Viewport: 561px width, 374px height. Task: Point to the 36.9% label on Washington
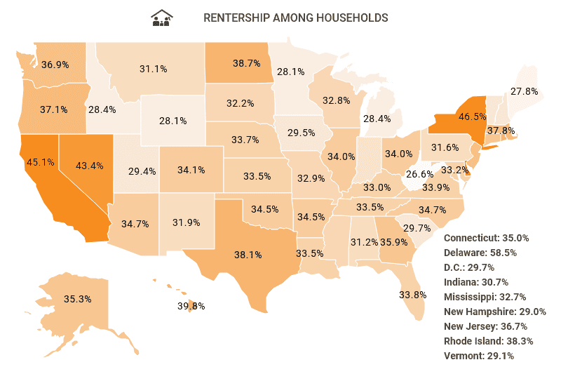[55, 65]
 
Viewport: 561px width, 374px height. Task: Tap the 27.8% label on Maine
[524, 92]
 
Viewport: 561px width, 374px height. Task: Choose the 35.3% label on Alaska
[78, 299]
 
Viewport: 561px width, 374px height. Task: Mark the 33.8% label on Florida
[413, 294]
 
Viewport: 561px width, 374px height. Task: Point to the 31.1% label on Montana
[153, 69]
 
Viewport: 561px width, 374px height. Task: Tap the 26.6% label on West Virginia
[419, 173]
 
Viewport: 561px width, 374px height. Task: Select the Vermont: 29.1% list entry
[479, 356]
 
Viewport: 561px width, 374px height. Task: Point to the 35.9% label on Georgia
[394, 242]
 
